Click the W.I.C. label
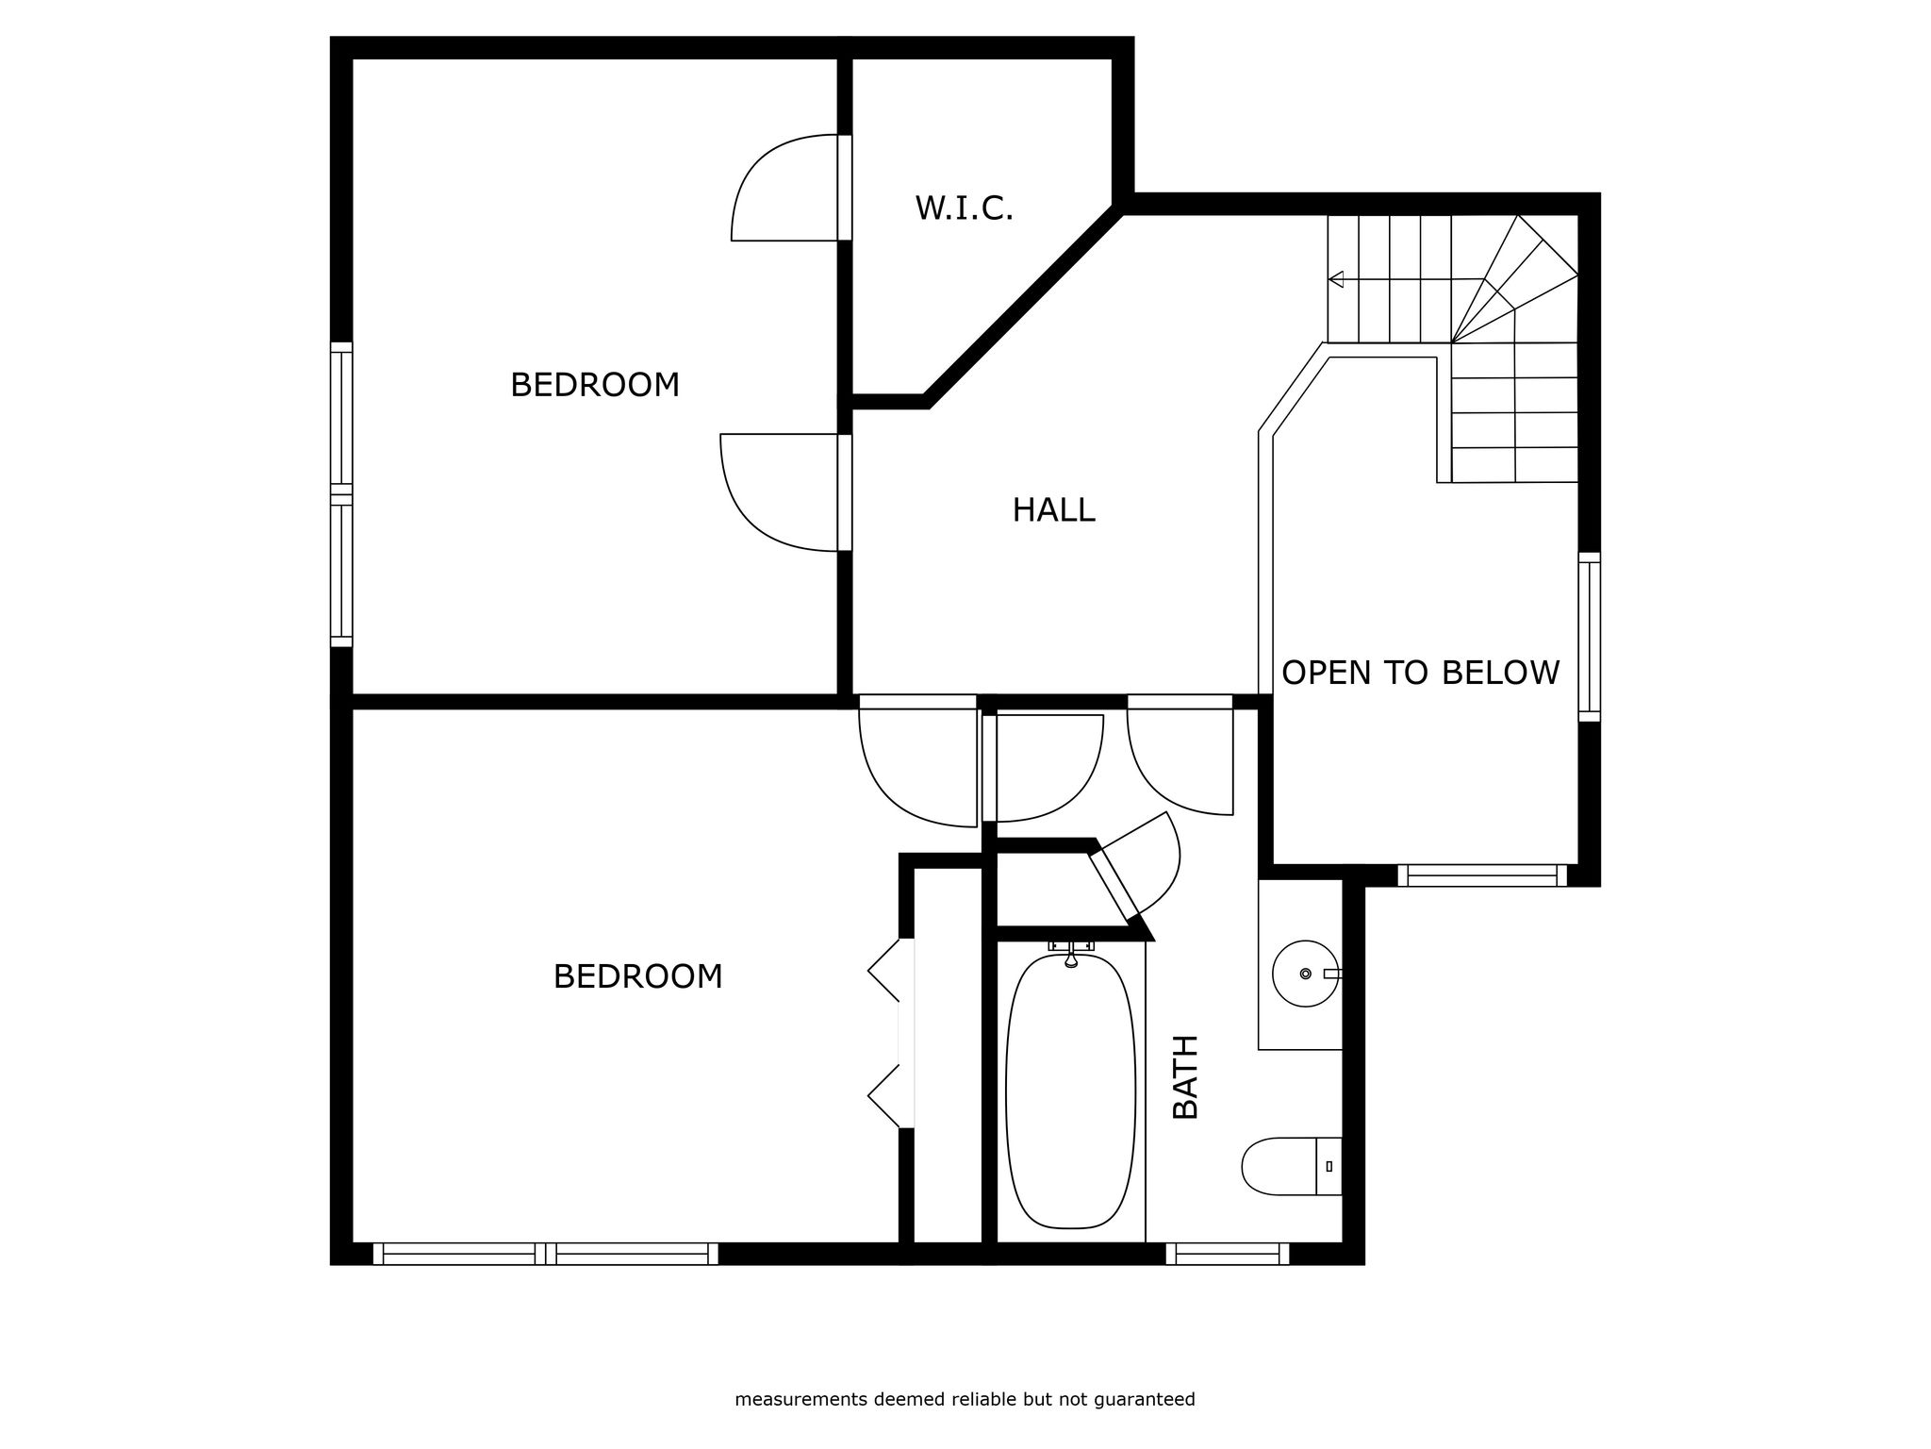tap(964, 208)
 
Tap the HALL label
tap(1053, 510)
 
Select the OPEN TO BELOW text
tap(1420, 673)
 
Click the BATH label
tap(1185, 1076)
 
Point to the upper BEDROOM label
tap(594, 385)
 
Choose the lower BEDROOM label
tap(637, 976)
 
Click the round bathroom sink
tap(1306, 973)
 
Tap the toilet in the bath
tap(1292, 1166)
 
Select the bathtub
tap(1071, 1091)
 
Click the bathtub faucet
tap(1071, 953)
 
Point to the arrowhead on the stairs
tap(1335, 279)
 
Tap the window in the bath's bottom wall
tap(1227, 1254)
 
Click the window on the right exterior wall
tap(1589, 637)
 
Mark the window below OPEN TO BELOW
tap(1482, 875)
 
